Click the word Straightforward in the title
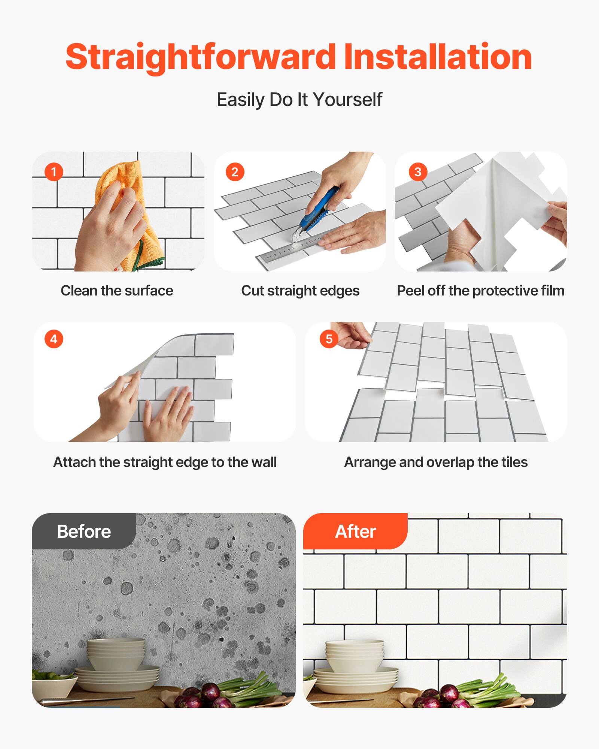[x=200, y=57]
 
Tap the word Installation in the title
[x=437, y=57]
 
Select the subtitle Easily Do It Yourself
[x=299, y=100]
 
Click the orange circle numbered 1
[x=54, y=172]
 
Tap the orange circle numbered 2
[x=235, y=172]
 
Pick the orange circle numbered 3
[x=418, y=172]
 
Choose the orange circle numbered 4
[x=54, y=339]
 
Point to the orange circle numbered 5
[x=329, y=339]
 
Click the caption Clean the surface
[x=117, y=291]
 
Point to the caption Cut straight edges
[x=300, y=291]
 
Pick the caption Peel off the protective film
[x=480, y=291]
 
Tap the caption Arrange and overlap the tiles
[x=436, y=462]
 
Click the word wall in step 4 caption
[x=264, y=462]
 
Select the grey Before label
[x=84, y=531]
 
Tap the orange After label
[x=355, y=531]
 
